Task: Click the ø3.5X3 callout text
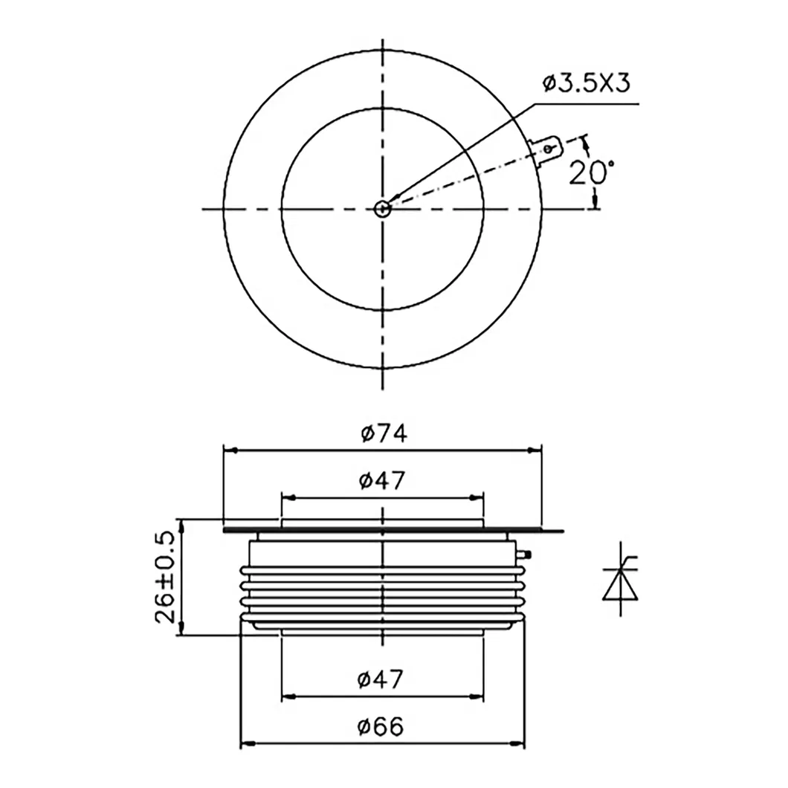(586, 83)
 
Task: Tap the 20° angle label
(592, 172)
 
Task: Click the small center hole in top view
(382, 209)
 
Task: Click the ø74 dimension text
(384, 433)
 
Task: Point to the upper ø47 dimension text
(381, 481)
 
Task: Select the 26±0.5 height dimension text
(167, 577)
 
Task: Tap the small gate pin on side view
(527, 554)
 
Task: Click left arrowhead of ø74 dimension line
(230, 450)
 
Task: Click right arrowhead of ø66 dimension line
(520, 743)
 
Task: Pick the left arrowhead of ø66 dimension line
(246, 743)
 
